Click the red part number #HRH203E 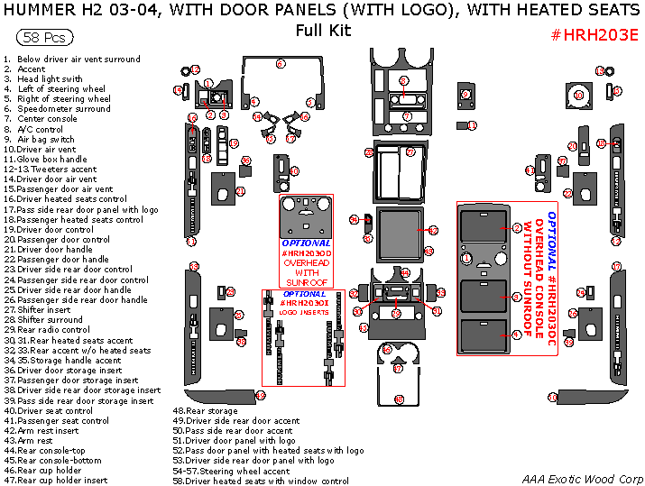tap(594, 34)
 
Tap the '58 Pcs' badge tap(44, 39)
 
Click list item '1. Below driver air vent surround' tap(72, 59)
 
